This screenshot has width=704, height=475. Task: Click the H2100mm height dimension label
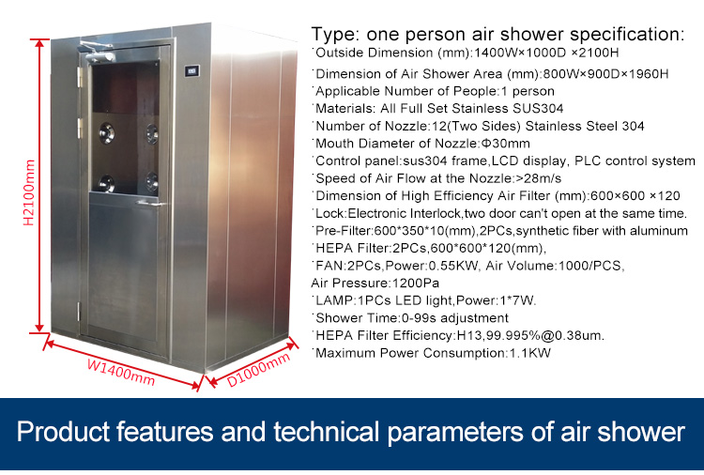coord(29,192)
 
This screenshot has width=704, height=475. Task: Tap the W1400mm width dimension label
coord(121,372)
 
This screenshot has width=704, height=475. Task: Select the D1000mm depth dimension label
coord(259,370)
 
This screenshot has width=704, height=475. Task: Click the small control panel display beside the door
coord(192,71)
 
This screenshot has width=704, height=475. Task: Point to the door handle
coord(152,204)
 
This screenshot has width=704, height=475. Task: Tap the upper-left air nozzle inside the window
coord(107,133)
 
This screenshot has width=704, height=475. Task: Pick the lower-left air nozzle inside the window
coord(106,183)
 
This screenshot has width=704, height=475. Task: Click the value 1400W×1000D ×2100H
coord(546,53)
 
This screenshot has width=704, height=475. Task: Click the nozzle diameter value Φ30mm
coord(506,144)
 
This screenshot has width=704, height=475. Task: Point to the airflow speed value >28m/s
coord(539,178)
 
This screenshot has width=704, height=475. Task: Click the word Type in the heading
coord(335,35)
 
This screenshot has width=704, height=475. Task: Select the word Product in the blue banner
coord(64,432)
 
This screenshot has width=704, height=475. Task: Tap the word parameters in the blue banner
coord(455,433)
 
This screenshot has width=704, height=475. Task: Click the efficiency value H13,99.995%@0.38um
coord(530,335)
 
